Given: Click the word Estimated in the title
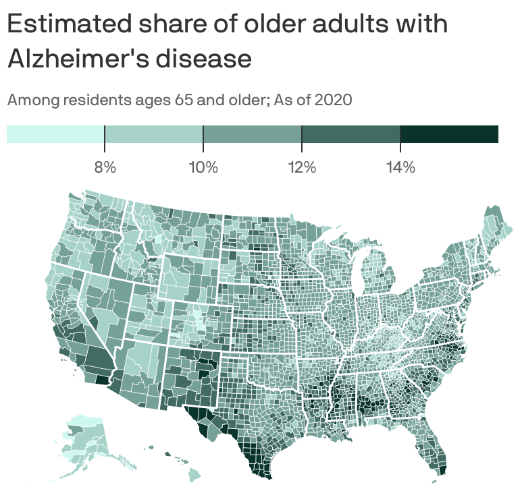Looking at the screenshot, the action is (x=70, y=23).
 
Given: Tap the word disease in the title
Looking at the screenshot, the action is (x=204, y=58).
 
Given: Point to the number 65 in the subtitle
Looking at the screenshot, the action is (x=184, y=100).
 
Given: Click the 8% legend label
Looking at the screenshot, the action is (x=105, y=167).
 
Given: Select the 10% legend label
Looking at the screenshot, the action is (x=203, y=167).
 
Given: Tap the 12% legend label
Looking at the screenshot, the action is (x=302, y=167).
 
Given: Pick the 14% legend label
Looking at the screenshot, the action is (x=400, y=167).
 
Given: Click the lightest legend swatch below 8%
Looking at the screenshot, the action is (x=55, y=134).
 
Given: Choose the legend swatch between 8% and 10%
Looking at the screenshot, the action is (x=154, y=134).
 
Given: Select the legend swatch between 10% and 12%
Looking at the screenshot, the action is (x=253, y=134).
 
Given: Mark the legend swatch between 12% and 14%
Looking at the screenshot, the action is (x=351, y=134).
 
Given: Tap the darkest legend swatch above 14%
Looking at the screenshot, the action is (x=449, y=134).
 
